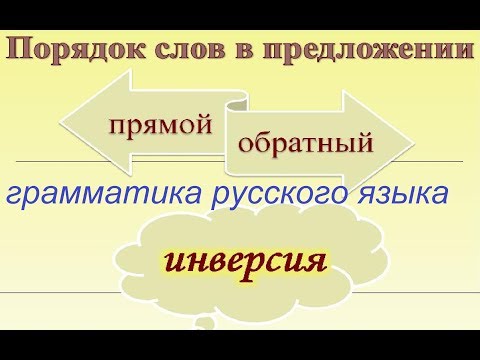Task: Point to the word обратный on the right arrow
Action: click(x=306, y=142)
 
